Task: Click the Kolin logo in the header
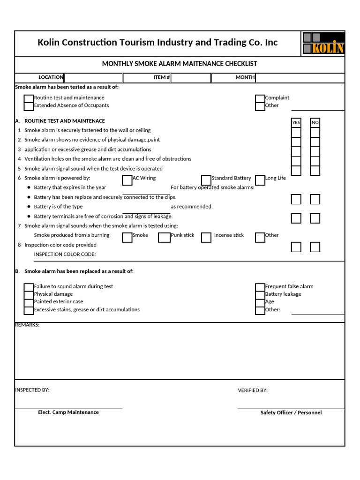pos(323,43)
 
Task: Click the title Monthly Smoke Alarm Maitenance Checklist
pos(180,64)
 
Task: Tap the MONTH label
pos(245,77)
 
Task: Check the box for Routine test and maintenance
pos(29,98)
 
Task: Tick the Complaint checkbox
pos(260,98)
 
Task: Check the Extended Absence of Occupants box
pos(29,106)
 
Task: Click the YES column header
pos(296,122)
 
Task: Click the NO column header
pos(315,122)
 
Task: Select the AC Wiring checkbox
pos(127,180)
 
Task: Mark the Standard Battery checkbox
pos(206,180)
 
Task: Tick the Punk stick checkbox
pos(164,237)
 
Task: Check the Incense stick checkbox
pos(206,237)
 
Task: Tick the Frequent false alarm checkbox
pos(260,287)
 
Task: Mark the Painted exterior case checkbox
pos(29,302)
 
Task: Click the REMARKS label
pos(27,325)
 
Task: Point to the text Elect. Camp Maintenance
pos(68,412)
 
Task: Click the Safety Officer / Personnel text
pos(291,413)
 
